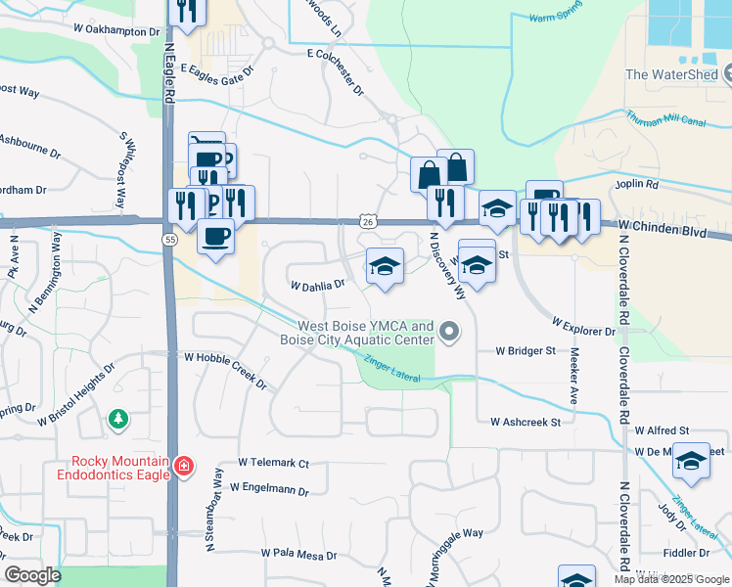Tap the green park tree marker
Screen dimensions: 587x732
click(118, 419)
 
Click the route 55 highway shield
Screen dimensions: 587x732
click(170, 240)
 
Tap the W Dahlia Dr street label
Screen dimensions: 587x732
click(318, 286)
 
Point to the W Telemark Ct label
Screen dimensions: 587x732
click(273, 463)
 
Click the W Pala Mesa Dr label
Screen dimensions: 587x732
click(298, 555)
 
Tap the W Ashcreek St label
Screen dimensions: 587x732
click(525, 422)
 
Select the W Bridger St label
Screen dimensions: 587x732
click(525, 349)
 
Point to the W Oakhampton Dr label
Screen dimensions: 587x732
click(115, 31)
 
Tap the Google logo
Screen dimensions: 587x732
click(33, 575)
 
